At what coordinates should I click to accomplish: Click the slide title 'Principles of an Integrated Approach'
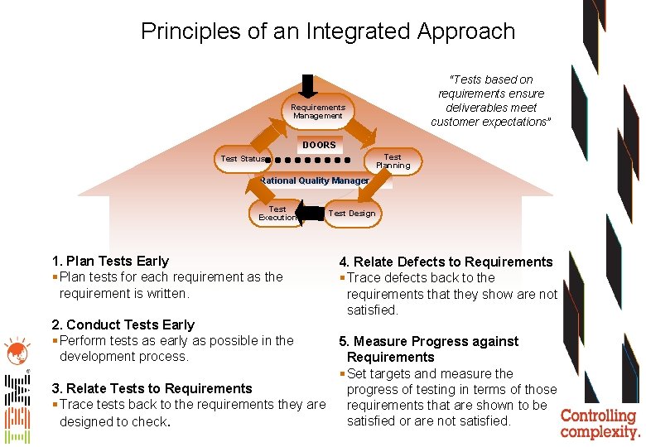327,32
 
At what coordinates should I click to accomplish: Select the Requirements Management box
318,112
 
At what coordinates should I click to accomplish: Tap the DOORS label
319,145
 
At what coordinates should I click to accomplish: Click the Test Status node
243,159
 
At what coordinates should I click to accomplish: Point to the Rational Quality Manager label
314,180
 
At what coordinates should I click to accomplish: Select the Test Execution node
277,214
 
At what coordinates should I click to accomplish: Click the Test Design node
352,214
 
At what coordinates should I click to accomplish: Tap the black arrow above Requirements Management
309,86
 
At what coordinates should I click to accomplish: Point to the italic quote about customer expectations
491,101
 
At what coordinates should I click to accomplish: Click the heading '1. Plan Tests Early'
110,261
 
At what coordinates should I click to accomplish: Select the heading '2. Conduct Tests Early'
123,324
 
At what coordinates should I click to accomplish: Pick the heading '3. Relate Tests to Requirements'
152,388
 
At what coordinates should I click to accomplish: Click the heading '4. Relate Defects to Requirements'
446,262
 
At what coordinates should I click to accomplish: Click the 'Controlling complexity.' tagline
600,423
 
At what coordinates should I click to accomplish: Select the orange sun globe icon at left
16,352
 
